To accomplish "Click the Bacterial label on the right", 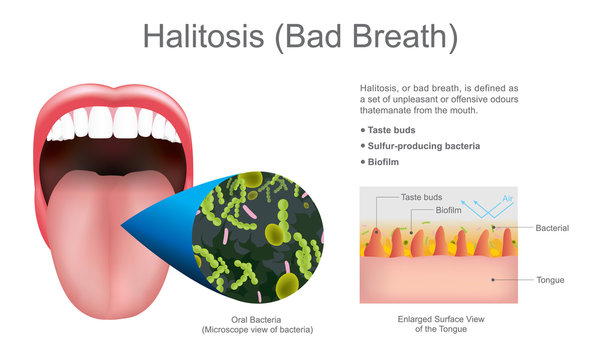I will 551,228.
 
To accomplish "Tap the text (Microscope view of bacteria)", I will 257,330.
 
